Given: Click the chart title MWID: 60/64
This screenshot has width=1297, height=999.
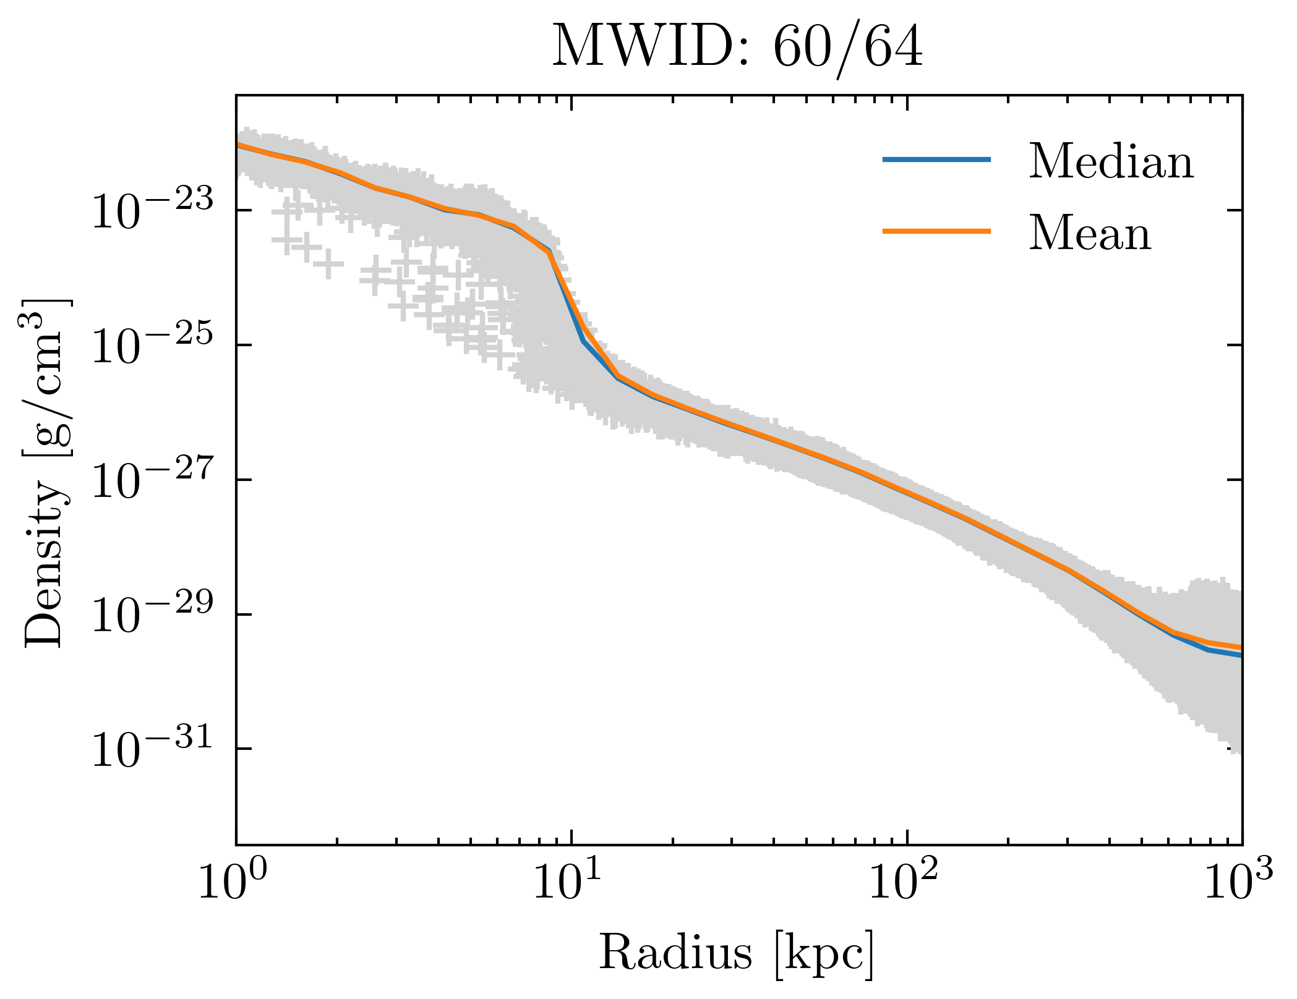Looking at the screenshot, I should pos(737,48).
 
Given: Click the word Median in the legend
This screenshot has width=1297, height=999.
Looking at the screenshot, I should pos(1111,162).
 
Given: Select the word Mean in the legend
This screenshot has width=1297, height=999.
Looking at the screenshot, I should pos(1090,234).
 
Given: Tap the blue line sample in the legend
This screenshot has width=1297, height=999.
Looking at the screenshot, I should pos(936,159).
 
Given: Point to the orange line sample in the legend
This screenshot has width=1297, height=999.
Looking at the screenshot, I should pos(936,231).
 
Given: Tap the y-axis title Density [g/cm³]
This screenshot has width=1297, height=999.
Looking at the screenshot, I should pos(46,473).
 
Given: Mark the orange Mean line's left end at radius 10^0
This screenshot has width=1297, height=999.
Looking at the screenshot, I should pos(238,144).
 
